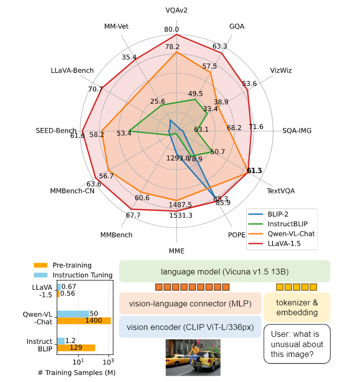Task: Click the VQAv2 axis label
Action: (176, 10)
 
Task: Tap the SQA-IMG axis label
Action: (297, 131)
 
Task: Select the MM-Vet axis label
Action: (117, 26)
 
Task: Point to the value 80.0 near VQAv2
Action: (171, 29)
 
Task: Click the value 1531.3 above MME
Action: (180, 216)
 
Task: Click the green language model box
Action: (224, 272)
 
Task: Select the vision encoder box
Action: (190, 327)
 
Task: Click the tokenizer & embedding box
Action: (297, 308)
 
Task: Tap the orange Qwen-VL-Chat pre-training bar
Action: (83, 321)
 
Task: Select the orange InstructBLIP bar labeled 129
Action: (76, 348)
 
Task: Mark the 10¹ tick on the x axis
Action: (78, 362)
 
